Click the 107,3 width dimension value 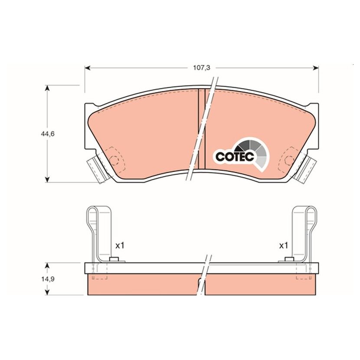(201, 68)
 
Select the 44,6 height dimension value (47, 134)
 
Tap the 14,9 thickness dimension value (47, 279)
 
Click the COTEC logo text (235, 157)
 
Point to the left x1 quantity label (120, 246)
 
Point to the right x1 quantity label (283, 246)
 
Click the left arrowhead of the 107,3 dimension (87, 68)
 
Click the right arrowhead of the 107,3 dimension (316, 68)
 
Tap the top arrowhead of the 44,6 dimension (47, 88)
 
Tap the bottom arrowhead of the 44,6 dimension (47, 180)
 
